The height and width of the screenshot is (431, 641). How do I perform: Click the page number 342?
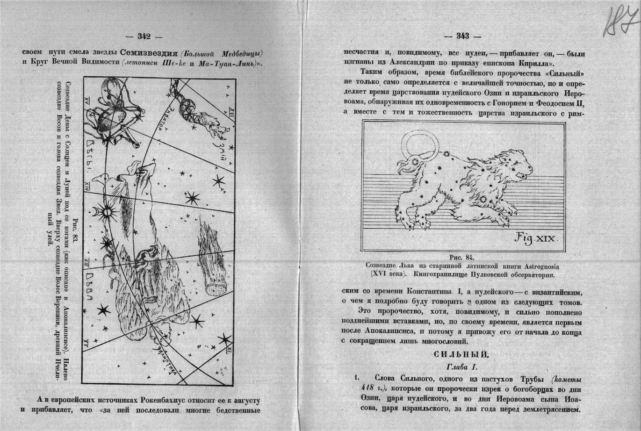[x=144, y=36]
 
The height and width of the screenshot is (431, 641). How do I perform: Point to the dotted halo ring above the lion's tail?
[x=419, y=144]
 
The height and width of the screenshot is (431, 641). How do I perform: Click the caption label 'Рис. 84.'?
[x=461, y=257]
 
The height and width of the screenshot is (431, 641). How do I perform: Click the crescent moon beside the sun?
[x=96, y=213]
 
